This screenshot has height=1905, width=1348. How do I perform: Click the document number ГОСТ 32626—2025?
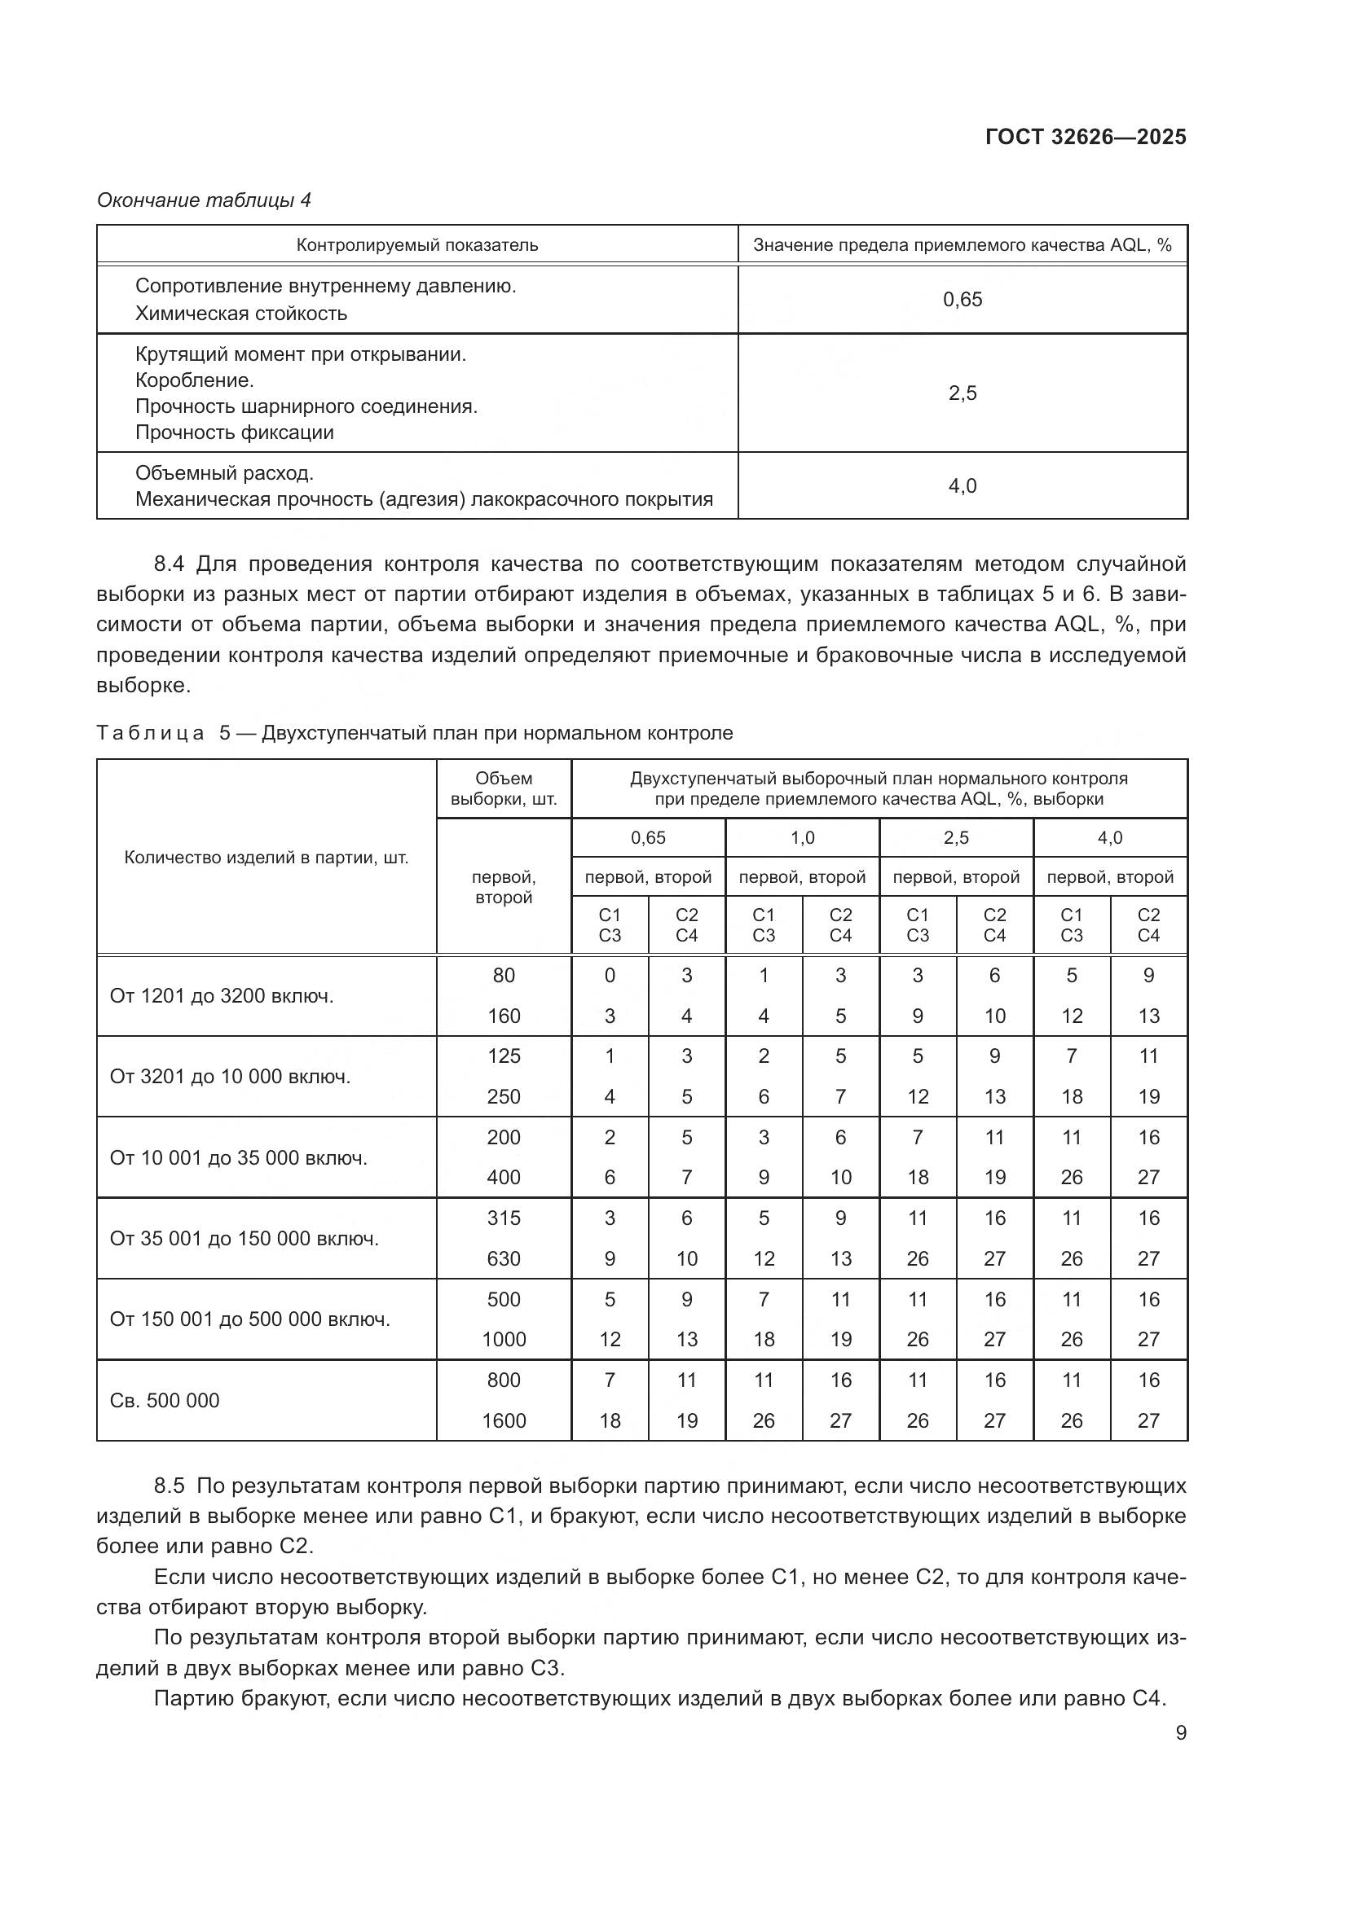[1085, 137]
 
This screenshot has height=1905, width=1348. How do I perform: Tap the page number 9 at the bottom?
[1180, 1732]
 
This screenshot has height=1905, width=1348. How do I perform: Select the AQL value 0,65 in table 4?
[962, 300]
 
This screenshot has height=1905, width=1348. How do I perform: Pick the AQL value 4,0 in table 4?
[962, 485]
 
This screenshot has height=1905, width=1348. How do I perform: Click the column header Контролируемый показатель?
[416, 245]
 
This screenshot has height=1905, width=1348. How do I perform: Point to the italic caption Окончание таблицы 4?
[204, 200]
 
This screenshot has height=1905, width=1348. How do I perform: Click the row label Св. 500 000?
[165, 1401]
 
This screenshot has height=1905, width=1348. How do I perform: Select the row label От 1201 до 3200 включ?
[221, 995]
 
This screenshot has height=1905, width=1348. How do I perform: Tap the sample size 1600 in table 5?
[504, 1420]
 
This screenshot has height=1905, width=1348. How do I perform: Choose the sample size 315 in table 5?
[504, 1218]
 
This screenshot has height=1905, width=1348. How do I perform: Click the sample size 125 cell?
[504, 1056]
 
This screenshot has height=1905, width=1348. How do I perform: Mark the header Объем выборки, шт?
[504, 789]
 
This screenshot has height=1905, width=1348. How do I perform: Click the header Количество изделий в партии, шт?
[266, 857]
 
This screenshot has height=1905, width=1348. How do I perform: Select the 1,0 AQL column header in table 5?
[802, 838]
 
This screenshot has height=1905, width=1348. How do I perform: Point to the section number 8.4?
[169, 564]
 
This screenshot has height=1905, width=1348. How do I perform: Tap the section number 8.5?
[169, 1486]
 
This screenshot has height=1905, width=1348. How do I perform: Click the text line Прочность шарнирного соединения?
[306, 406]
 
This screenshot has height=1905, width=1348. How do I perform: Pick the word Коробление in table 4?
[194, 381]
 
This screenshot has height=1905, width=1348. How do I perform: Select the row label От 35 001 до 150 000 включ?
[244, 1239]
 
